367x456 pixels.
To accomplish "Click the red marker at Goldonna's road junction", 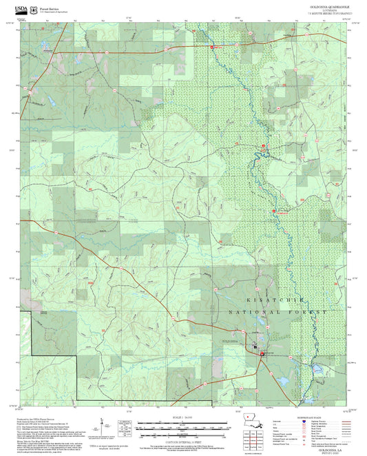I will pos(262,354).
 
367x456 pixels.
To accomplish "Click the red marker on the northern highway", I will pos(211,47).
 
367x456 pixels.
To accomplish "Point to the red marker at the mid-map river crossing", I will pos(274,211).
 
